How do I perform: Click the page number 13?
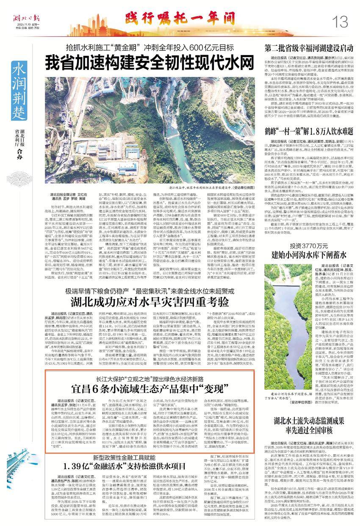341,19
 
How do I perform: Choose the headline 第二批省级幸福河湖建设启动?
307,47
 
